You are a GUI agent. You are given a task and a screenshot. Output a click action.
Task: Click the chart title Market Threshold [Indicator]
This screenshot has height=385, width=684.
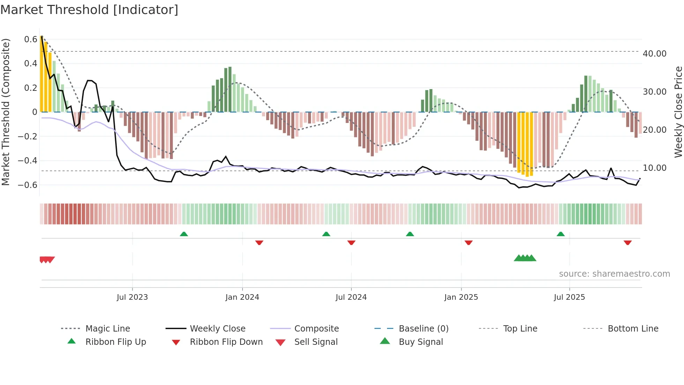(89, 10)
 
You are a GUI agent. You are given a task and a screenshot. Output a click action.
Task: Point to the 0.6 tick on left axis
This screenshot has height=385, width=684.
(31, 39)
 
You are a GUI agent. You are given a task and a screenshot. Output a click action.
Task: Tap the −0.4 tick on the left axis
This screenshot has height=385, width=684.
(28, 160)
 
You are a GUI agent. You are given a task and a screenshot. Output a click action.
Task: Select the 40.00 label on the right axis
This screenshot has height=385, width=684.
(654, 53)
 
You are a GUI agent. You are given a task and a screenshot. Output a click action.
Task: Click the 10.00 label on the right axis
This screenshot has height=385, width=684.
(654, 168)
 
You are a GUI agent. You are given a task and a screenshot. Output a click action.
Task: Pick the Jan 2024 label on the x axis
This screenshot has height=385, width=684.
(242, 297)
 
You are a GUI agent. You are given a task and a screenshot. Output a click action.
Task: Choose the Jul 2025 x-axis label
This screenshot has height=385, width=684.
(569, 297)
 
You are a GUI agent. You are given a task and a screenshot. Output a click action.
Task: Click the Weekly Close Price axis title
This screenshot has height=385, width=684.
(678, 112)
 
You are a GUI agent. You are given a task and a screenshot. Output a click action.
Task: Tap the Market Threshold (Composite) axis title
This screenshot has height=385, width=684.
(6, 112)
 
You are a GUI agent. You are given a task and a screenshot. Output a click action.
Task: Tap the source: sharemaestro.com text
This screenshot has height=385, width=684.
(614, 274)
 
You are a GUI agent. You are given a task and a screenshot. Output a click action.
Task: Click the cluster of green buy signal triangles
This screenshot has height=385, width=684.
(525, 258)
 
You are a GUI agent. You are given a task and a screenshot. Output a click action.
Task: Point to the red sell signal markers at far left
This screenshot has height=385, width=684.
(47, 260)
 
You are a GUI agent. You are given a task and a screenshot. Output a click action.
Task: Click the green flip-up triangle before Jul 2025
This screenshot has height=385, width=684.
(560, 234)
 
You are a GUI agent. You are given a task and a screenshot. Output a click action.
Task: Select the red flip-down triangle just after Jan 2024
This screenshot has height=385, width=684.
(259, 242)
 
